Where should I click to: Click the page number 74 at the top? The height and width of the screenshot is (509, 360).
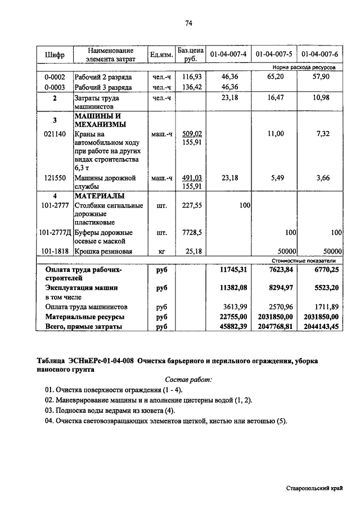[188, 23]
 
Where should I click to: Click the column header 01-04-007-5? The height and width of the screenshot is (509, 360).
[274, 55]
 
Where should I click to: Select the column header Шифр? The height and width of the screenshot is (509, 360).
[55, 55]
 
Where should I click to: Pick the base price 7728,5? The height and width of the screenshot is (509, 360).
[192, 232]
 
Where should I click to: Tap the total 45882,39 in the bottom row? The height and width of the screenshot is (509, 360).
[232, 326]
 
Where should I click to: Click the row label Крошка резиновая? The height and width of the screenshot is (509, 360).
[103, 251]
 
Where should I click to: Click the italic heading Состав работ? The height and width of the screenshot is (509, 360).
[188, 380]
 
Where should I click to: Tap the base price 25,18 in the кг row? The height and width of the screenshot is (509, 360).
[192, 251]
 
